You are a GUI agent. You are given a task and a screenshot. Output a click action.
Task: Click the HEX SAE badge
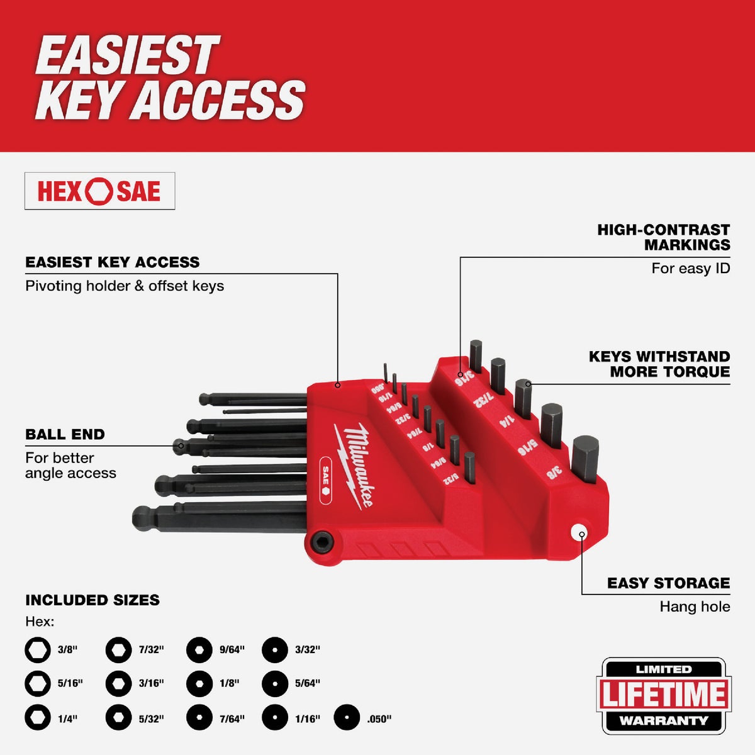[x=99, y=191]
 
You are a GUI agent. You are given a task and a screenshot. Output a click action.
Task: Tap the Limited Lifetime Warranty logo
[x=663, y=695]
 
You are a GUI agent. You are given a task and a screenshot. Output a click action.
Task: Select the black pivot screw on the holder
[x=322, y=540]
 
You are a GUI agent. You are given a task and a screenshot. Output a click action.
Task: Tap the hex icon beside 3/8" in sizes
[x=38, y=650]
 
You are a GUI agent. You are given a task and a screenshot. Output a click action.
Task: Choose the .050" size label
[x=379, y=719]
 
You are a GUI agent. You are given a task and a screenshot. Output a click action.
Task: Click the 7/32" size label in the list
[x=151, y=650]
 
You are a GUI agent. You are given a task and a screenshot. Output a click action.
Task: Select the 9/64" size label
[x=232, y=650]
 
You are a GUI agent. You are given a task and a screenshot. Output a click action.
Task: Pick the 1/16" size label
[x=307, y=719]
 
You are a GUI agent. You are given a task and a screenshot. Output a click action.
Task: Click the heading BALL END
[x=65, y=434]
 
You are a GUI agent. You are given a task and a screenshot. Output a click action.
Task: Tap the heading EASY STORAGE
[x=668, y=583]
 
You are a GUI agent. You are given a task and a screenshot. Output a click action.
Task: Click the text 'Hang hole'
[x=695, y=607]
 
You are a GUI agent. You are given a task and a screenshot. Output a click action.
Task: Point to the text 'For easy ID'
[x=690, y=269]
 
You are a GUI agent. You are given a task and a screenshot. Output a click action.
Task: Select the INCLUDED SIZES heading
[x=92, y=600]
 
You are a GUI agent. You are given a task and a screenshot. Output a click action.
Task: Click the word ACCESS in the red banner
[x=221, y=99]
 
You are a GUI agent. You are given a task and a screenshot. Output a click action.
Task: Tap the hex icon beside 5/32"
[x=118, y=718]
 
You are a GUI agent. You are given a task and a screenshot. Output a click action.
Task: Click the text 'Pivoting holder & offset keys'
[x=125, y=286]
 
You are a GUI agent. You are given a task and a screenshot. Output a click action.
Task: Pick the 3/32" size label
[x=307, y=650]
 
